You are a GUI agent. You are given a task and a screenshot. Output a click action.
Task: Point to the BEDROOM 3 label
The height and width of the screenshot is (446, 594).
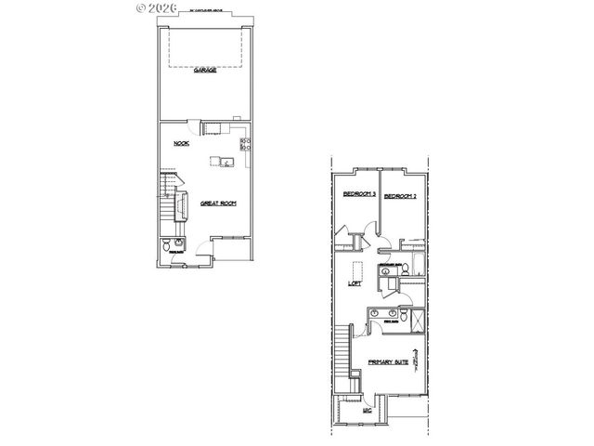pyautogui.click(x=358, y=195)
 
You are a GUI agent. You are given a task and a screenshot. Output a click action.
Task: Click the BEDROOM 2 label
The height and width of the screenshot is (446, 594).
pyautogui.click(x=400, y=196)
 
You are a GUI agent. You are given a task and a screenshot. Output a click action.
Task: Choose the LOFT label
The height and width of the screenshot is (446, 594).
pyautogui.click(x=354, y=284)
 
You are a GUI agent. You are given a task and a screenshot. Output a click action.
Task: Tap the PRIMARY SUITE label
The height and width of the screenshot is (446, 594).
pyautogui.click(x=389, y=362)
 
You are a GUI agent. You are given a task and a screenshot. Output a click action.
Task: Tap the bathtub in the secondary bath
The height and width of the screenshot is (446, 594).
pyautogui.click(x=417, y=270)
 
